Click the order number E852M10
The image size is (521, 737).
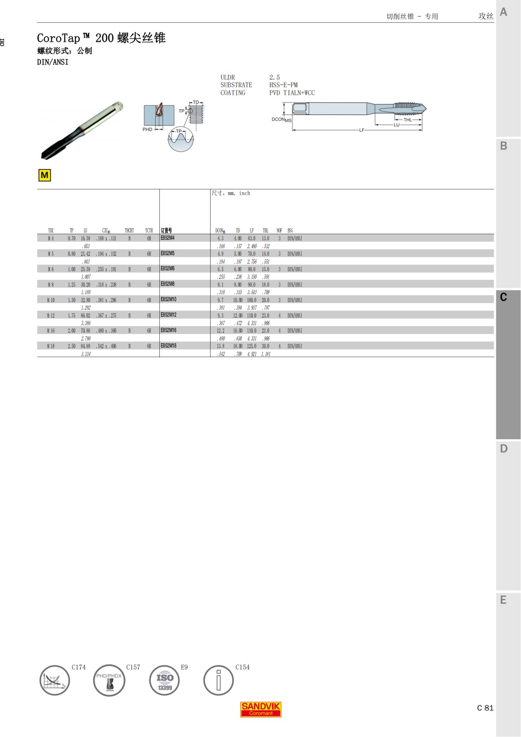(x=168, y=299)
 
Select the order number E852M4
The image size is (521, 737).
(x=168, y=238)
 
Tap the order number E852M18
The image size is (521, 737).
(x=168, y=346)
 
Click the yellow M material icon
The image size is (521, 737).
(x=44, y=175)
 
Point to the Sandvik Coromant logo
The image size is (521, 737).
(x=261, y=709)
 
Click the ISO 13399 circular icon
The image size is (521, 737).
(x=165, y=681)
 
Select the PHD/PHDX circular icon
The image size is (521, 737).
(x=109, y=681)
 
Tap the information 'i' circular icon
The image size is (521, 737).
(x=218, y=681)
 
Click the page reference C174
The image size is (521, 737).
(x=79, y=667)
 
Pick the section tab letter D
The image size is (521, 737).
(x=504, y=449)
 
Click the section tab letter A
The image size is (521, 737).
(x=504, y=12)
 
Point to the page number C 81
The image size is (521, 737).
(x=485, y=708)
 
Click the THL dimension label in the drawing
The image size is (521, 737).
(x=408, y=120)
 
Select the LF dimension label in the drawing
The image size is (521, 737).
(x=362, y=130)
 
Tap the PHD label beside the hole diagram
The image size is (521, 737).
(x=147, y=129)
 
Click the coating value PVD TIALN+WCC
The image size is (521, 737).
(x=292, y=93)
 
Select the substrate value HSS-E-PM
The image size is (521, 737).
(x=283, y=85)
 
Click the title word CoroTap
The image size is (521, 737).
(x=59, y=38)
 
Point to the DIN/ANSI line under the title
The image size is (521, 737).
(x=53, y=62)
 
